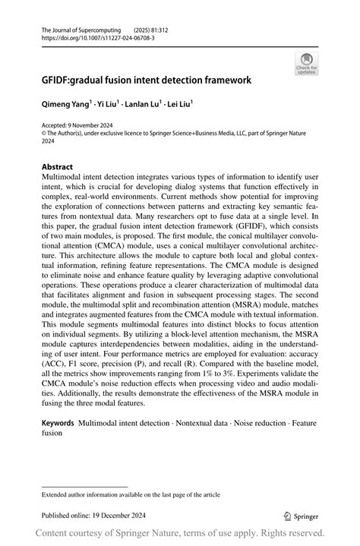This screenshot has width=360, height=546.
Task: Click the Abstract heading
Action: [x=58, y=166]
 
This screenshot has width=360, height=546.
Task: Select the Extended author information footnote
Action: [x=131, y=494]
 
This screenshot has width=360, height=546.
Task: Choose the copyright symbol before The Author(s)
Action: [x=45, y=132]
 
